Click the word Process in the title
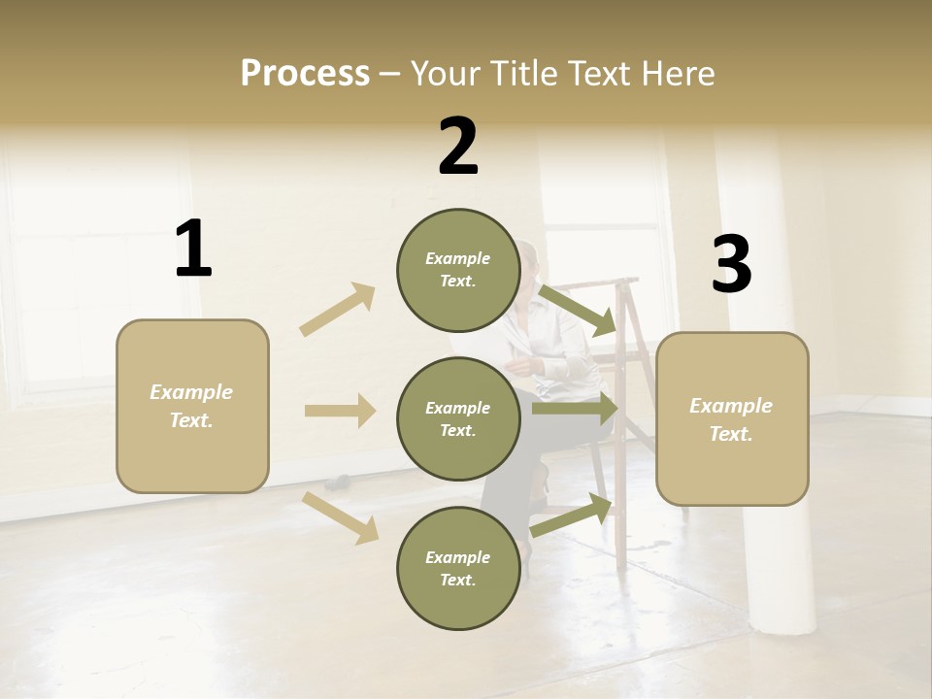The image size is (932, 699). tap(305, 74)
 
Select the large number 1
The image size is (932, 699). tap(192, 250)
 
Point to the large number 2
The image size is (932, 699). tap(458, 147)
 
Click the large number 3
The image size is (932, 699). tap(731, 265)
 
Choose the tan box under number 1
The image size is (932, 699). tap(192, 406)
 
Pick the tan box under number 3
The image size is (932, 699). tap(732, 418)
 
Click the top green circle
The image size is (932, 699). tap(458, 270)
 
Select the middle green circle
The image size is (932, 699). tap(458, 418)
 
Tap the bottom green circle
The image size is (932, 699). tap(458, 568)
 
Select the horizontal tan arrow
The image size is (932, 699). tap(340, 411)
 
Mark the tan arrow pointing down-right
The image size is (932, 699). tap(341, 516)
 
